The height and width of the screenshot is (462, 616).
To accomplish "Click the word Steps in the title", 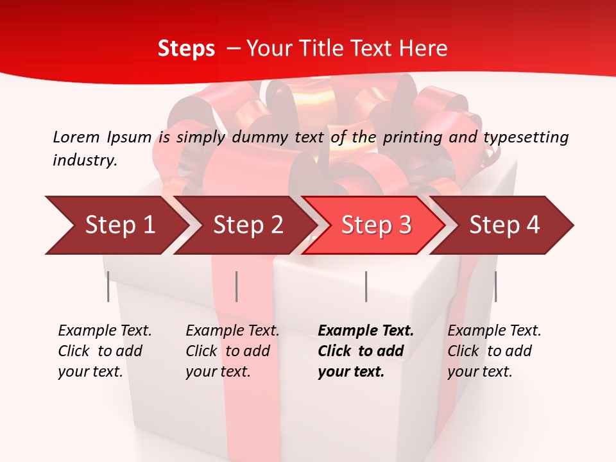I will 186,49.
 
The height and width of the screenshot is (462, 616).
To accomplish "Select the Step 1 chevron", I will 119,225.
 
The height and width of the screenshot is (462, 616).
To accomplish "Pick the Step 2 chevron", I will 248,225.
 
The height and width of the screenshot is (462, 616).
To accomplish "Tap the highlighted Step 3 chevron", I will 376,225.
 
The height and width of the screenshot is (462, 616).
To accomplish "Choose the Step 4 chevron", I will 504,225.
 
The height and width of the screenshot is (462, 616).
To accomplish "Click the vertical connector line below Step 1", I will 108,286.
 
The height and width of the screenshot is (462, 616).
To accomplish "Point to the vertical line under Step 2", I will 237,286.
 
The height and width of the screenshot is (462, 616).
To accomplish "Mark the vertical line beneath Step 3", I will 366,286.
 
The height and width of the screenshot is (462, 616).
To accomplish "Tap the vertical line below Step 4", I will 495,286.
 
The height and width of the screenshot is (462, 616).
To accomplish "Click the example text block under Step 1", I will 105,351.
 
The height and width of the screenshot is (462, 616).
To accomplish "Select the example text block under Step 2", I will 232,351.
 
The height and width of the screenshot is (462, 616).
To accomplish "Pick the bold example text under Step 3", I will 366,351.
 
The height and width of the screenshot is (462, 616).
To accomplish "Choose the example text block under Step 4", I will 494,351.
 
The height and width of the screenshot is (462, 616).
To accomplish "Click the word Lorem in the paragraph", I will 76,137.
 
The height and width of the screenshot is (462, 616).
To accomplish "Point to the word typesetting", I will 526,137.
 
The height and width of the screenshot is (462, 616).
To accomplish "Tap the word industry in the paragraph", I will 85,160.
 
